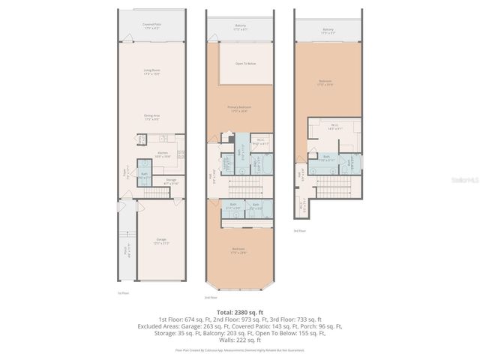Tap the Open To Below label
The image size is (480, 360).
click(x=245, y=64)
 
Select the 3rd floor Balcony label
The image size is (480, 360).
click(x=328, y=31)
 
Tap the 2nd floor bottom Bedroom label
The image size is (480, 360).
click(x=238, y=250)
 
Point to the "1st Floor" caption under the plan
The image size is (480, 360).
click(x=123, y=292)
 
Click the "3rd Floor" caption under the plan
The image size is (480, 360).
click(x=300, y=232)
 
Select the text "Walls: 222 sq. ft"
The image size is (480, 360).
click(x=239, y=340)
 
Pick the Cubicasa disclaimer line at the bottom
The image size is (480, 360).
click(x=239, y=350)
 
